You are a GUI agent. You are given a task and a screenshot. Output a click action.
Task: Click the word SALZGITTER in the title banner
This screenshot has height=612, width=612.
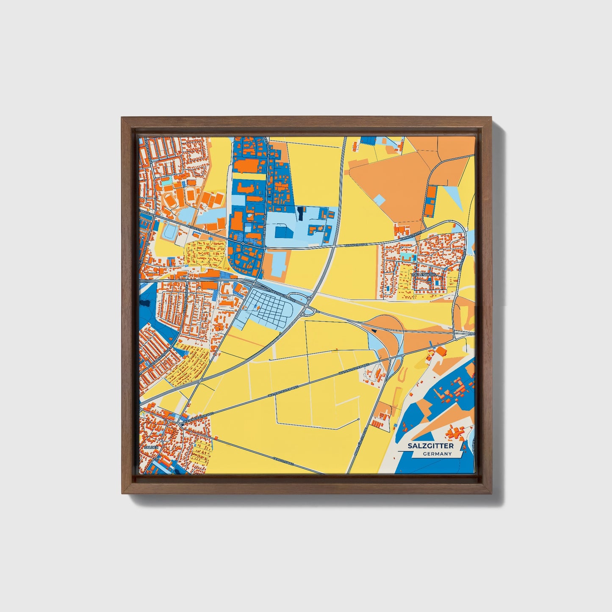[430, 446]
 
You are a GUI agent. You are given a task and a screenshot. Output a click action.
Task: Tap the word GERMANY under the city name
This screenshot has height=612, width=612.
[437, 454]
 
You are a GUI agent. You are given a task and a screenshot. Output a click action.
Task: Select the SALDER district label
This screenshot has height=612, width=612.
[151, 447]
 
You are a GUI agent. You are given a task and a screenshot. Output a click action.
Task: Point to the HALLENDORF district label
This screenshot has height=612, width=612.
[424, 275]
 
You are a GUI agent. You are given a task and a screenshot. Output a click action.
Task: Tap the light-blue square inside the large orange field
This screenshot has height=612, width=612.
[380, 199]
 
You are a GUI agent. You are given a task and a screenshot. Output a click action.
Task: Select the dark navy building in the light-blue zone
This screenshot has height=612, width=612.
[300, 213]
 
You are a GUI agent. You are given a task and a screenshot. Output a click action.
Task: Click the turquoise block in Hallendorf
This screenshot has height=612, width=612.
[407, 257]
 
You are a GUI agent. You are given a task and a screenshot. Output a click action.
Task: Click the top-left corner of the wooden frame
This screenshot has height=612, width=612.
[122, 117]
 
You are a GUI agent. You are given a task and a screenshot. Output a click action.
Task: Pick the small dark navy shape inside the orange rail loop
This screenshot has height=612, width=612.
[373, 330]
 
